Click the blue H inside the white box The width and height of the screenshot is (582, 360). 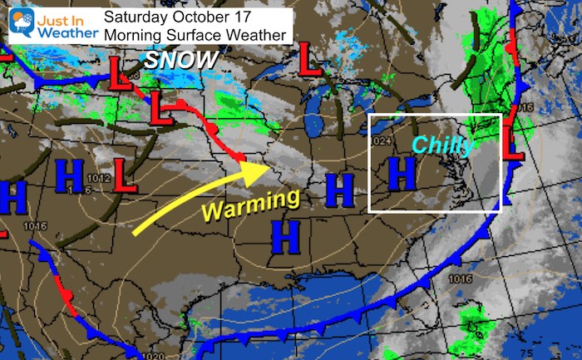[402, 173]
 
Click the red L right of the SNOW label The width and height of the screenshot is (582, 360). [310, 59]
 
